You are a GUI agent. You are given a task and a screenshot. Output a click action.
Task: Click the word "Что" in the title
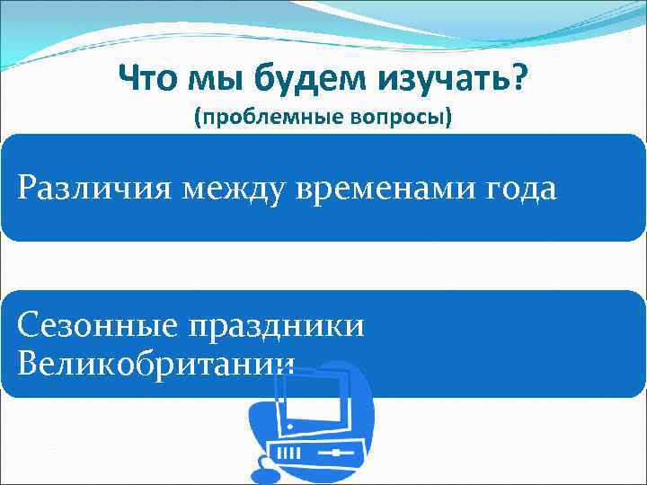click(x=148, y=84)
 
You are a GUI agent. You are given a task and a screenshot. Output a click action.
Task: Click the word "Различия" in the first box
click(x=89, y=189)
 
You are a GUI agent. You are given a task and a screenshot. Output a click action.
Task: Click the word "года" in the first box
click(x=520, y=189)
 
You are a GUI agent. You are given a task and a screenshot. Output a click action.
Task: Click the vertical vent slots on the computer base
click(x=293, y=453)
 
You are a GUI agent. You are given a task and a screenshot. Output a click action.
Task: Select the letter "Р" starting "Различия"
click(x=27, y=189)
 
